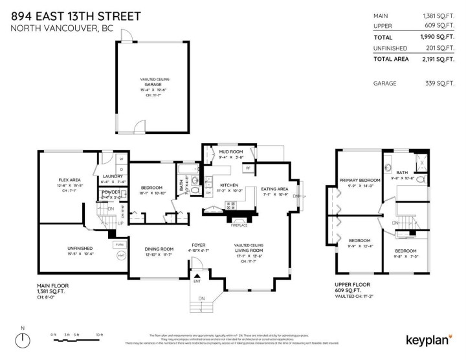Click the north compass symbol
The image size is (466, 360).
(24, 339)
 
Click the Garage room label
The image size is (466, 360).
(153, 84)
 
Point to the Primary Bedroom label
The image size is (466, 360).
(361, 180)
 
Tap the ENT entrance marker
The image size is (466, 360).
(196, 282)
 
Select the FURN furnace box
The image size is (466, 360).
(119, 244)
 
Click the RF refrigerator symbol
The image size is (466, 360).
(247, 168)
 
